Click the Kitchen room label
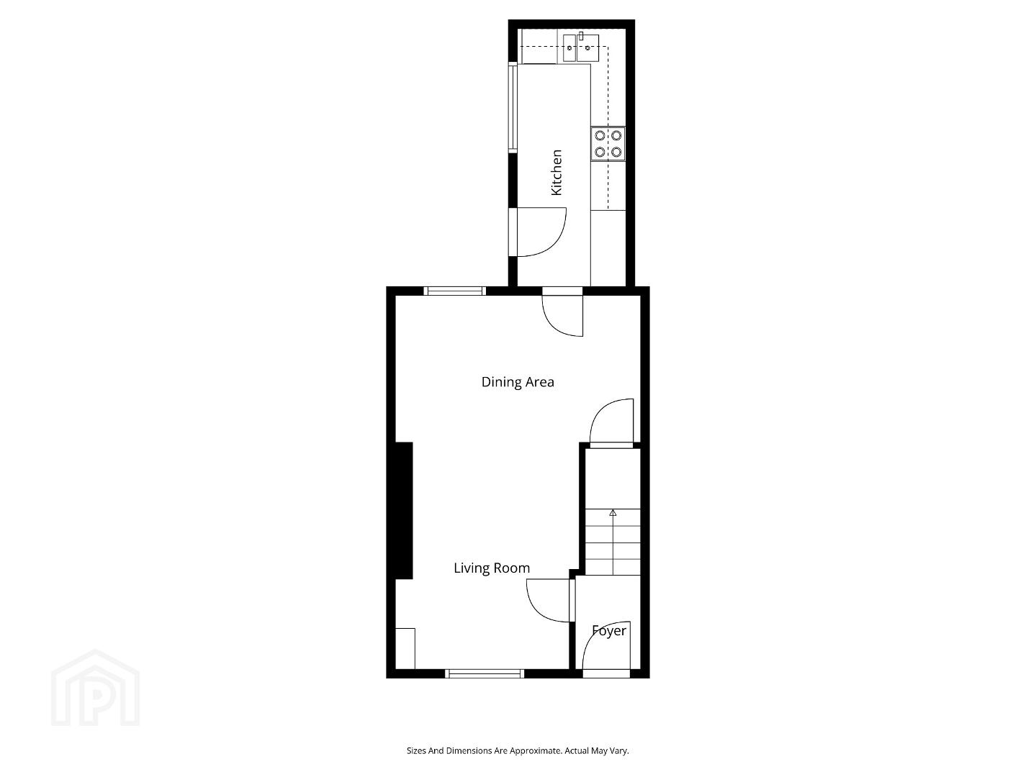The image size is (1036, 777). click(x=557, y=172)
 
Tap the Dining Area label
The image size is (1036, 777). click(x=518, y=382)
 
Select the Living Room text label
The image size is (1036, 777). click(x=491, y=568)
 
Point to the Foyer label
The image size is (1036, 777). click(x=609, y=630)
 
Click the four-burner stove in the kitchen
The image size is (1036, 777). click(x=608, y=144)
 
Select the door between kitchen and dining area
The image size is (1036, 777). click(x=562, y=315)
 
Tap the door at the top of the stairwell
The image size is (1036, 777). click(x=612, y=421)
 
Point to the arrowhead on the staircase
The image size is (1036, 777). click(x=613, y=512)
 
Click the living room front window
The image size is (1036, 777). click(x=485, y=673)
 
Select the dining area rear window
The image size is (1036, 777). click(x=454, y=291)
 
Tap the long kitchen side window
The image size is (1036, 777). click(x=513, y=107)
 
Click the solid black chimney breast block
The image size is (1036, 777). click(x=400, y=511)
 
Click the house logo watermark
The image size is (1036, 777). click(x=95, y=688)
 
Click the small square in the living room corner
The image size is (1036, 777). click(x=405, y=648)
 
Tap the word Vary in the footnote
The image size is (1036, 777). click(x=619, y=750)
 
